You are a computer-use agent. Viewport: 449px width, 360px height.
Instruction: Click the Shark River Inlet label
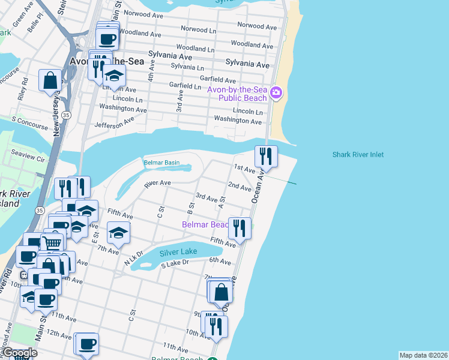click(358, 155)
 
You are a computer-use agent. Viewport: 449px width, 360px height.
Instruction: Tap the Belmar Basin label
click(161, 163)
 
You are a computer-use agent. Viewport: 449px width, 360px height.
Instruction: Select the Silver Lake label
click(178, 252)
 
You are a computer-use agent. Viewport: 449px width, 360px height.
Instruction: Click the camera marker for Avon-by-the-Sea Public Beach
click(276, 92)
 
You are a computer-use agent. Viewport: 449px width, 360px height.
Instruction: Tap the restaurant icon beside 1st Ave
click(265, 156)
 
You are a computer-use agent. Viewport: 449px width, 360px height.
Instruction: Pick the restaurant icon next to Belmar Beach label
click(240, 227)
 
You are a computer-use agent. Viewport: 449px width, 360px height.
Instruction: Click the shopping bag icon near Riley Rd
click(50, 80)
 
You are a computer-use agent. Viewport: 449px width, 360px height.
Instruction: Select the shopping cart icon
click(53, 243)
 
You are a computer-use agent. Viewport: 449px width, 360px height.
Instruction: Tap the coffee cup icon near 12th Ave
click(88, 344)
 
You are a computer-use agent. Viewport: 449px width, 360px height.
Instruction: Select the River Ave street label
click(157, 183)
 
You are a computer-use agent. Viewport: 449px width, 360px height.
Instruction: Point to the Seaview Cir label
click(24, 158)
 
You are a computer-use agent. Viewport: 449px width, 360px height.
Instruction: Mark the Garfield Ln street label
click(185, 86)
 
